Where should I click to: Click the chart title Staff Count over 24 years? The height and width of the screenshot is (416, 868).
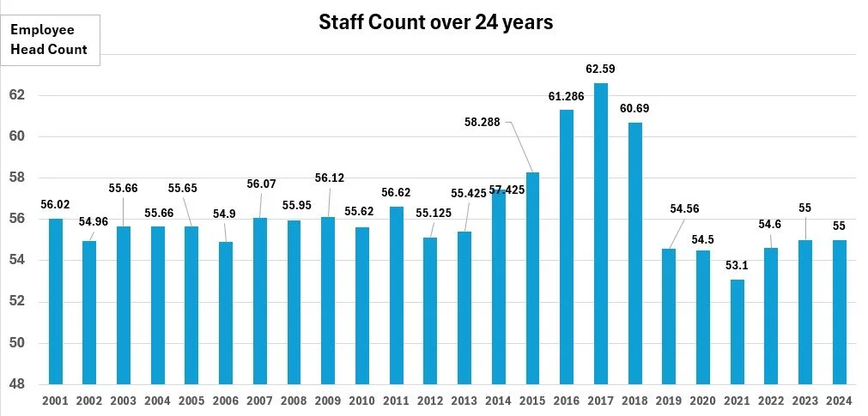click(x=435, y=22)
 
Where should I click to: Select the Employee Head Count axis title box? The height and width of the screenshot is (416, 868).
click(x=50, y=39)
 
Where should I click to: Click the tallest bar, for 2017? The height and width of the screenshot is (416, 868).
click(x=601, y=233)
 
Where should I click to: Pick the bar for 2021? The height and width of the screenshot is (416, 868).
click(x=737, y=332)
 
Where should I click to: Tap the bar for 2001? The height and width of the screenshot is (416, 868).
click(x=56, y=301)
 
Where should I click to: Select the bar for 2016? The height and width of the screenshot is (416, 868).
click(x=567, y=247)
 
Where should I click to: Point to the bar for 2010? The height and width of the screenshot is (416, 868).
click(x=362, y=305)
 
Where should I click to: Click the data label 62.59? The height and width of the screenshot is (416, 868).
click(x=601, y=69)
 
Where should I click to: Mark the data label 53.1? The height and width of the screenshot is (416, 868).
click(x=737, y=266)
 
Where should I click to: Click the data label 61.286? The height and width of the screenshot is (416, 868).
click(x=567, y=96)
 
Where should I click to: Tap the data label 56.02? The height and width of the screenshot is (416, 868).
click(x=55, y=205)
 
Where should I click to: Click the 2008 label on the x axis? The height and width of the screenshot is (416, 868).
click(x=294, y=401)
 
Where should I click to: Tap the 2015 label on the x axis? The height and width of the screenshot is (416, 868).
click(x=532, y=401)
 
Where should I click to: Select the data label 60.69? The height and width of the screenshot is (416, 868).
click(x=634, y=108)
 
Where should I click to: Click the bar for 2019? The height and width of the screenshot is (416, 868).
click(x=669, y=317)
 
